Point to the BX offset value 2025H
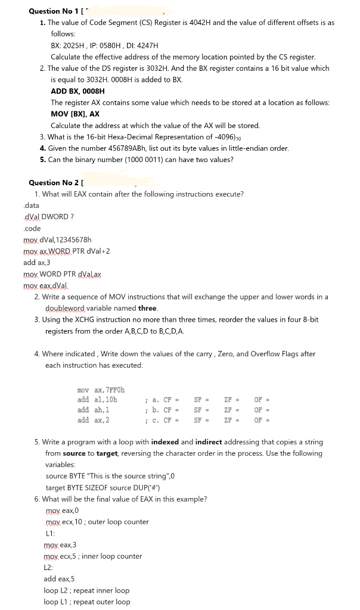76,45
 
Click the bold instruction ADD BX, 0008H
77,91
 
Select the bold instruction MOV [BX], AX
75,114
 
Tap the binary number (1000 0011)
137,159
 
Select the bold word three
147,308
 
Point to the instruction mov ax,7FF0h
101,390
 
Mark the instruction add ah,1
92,410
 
